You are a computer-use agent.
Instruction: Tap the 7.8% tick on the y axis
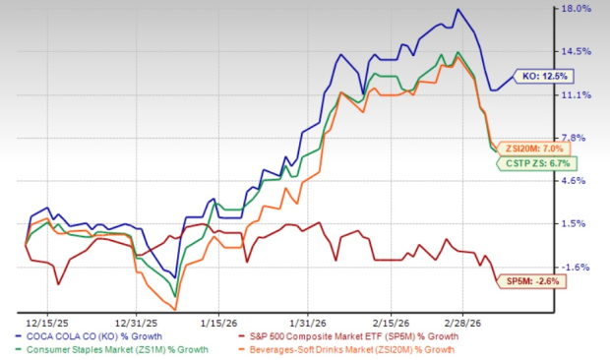[577, 138]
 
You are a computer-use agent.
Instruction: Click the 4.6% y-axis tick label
[577, 181]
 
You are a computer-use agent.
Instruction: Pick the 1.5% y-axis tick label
[577, 223]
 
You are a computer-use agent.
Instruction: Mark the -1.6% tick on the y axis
[577, 267]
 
